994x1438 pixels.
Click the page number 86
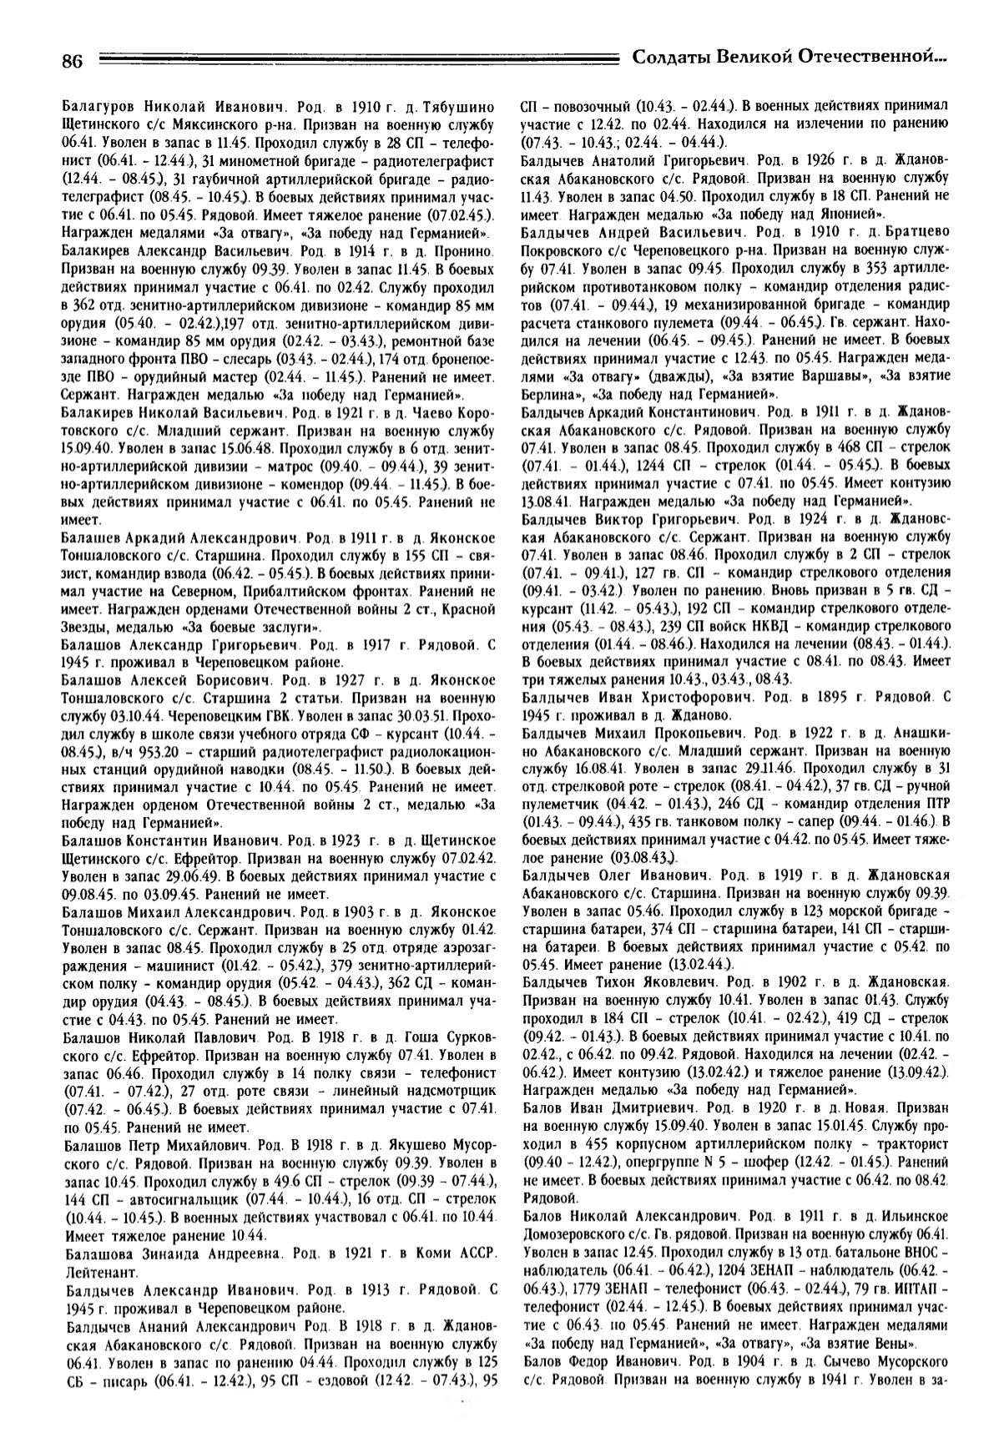(73, 61)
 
